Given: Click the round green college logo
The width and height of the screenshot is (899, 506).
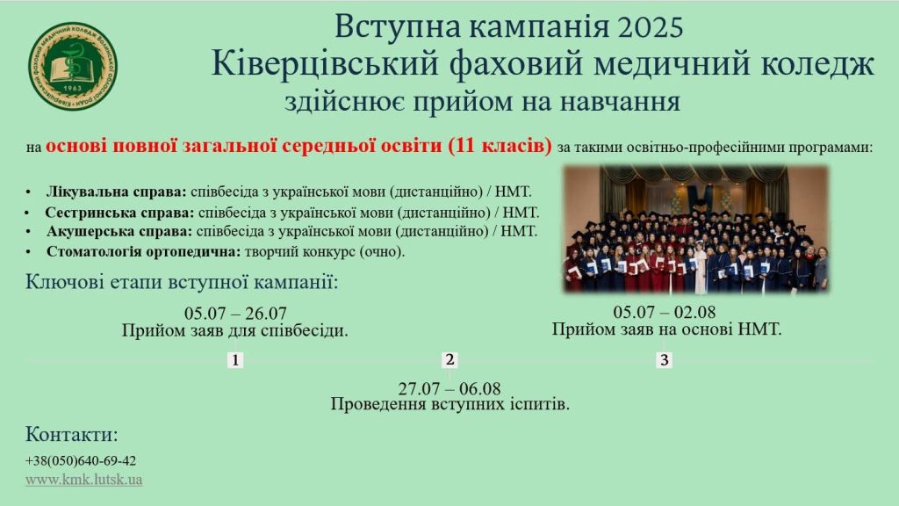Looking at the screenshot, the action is (x=73, y=67).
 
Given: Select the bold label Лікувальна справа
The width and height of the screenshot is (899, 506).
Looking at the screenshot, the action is (x=117, y=192).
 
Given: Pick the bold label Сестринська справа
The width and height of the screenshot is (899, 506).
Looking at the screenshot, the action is (x=119, y=213).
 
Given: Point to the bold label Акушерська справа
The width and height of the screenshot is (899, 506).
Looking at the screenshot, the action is (x=119, y=232).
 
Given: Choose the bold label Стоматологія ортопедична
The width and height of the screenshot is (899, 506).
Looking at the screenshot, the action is (x=143, y=251).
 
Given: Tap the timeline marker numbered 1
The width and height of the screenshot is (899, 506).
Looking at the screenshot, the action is (x=235, y=360).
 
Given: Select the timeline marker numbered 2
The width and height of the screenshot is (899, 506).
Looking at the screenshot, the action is (x=449, y=359).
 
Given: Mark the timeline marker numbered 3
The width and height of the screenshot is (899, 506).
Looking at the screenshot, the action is (x=664, y=360).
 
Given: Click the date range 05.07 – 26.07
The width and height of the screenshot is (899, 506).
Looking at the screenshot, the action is (x=235, y=314).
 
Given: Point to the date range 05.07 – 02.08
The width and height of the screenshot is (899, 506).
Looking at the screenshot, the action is (x=665, y=312).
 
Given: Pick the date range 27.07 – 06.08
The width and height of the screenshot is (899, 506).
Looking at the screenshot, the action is (x=449, y=388).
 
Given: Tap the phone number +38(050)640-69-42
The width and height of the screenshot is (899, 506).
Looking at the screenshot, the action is (x=81, y=460).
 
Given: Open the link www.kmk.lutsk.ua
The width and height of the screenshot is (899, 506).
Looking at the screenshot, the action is (x=83, y=480).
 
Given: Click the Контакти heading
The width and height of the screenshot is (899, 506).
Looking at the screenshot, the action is (x=72, y=434).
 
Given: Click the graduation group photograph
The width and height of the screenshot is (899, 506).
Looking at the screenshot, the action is (x=696, y=229).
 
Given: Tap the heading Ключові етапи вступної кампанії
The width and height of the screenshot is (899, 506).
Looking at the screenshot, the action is (x=182, y=282).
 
